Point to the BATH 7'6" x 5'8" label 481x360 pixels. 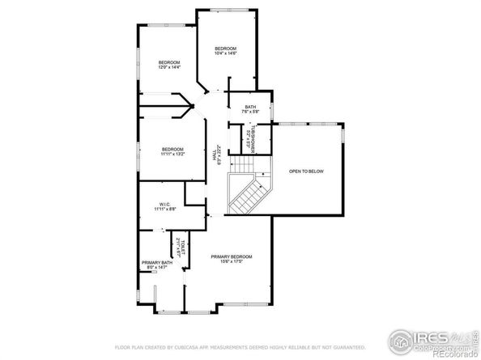pyautogui.click(x=249, y=108)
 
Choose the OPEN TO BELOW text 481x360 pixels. pyautogui.click(x=306, y=172)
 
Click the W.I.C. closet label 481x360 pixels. pyautogui.click(x=165, y=204)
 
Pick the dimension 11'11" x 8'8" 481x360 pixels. pyautogui.click(x=165, y=210)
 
